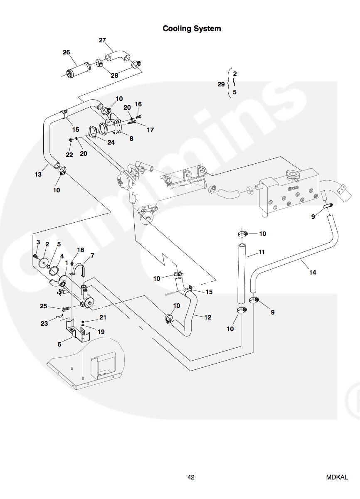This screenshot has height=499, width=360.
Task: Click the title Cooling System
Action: (192, 29)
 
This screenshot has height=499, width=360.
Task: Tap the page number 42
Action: (191, 477)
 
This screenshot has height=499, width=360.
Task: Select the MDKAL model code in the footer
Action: (337, 477)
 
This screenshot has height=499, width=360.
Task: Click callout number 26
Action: (67, 52)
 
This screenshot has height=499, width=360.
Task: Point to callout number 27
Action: (102, 40)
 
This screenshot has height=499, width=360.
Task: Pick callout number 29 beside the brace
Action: (221, 84)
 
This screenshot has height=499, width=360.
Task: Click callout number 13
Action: (38, 175)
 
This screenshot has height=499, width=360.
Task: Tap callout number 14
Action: (313, 273)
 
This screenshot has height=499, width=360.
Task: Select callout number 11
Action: (261, 252)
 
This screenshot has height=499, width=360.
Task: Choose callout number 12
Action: (208, 317)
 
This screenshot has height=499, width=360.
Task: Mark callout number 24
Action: (111, 142)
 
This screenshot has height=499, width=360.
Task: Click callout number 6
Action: (59, 344)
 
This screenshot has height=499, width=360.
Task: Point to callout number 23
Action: (44, 324)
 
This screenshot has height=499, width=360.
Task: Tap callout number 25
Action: (44, 306)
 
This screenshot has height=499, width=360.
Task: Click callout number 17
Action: (150, 130)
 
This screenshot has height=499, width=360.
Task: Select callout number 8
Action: (131, 139)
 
